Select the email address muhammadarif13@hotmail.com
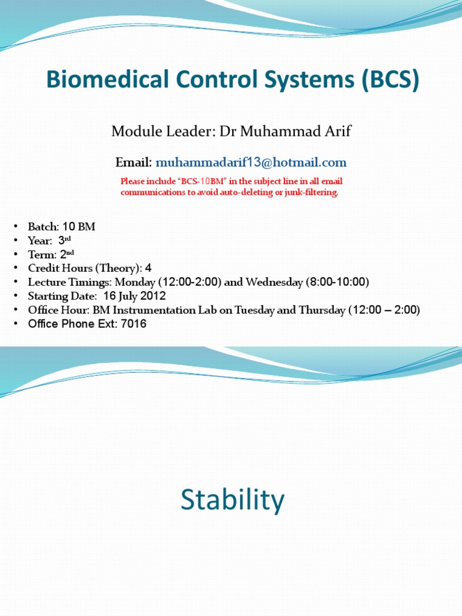click(251, 162)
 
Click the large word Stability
click(232, 500)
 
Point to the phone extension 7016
click(134, 324)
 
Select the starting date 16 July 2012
click(134, 296)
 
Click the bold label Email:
click(134, 162)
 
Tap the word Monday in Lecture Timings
click(134, 282)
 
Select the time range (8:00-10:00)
click(340, 282)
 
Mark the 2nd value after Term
click(66, 254)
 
